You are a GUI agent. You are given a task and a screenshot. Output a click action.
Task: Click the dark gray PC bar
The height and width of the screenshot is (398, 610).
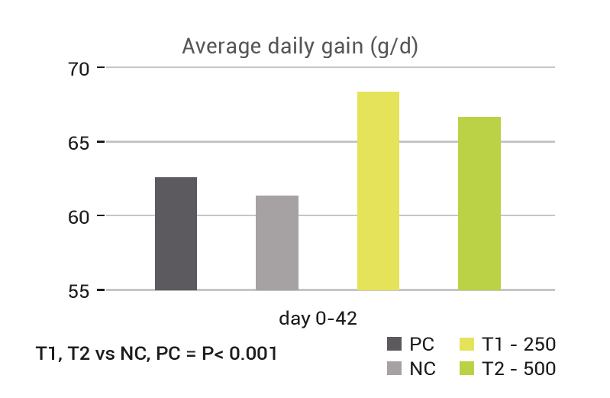[176, 234]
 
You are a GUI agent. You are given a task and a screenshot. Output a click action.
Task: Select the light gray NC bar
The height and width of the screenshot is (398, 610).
[277, 243]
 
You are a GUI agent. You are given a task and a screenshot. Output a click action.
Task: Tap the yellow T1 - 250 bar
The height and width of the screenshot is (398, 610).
[378, 191]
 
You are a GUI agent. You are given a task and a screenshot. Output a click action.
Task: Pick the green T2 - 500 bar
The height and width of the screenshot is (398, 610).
[479, 203]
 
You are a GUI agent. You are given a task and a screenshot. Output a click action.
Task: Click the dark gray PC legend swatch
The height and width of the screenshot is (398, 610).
[394, 342]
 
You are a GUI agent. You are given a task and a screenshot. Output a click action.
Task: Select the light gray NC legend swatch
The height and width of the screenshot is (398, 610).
[394, 369]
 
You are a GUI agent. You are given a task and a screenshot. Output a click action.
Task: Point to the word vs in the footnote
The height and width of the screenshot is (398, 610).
[104, 354]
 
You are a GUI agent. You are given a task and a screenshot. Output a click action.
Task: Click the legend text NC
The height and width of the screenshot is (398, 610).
[422, 369]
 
